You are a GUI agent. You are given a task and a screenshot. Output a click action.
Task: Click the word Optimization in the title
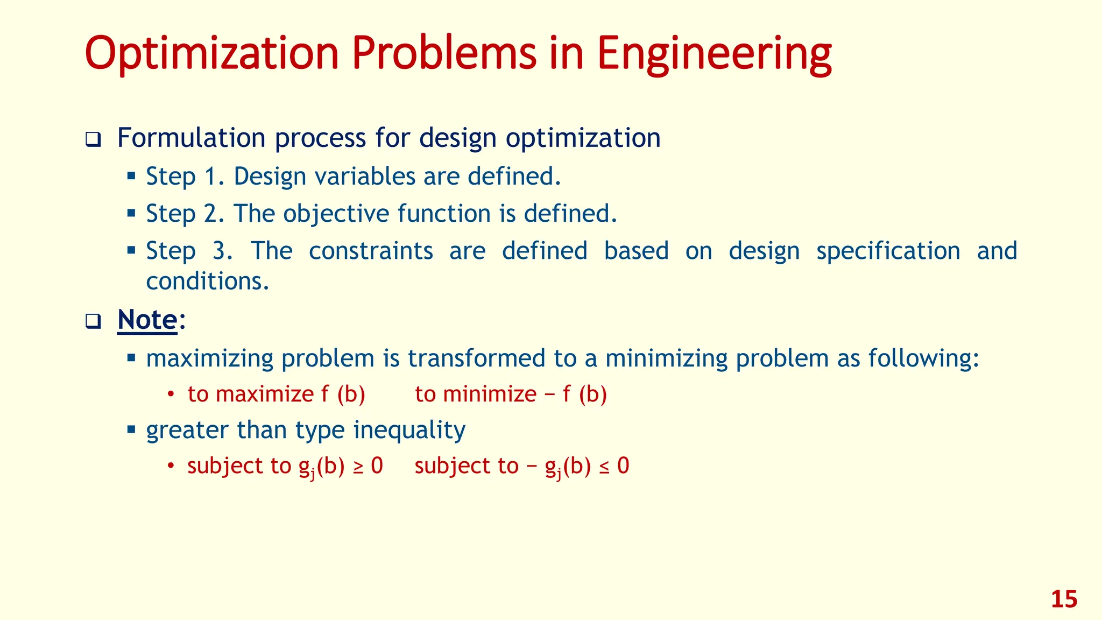coord(211,54)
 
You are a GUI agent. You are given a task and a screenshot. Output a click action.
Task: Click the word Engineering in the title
coord(714,54)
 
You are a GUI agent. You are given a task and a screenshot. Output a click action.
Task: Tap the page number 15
coord(1064,599)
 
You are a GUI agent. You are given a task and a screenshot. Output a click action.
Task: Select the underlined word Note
coord(147,320)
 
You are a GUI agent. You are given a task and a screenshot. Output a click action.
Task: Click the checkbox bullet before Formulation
coord(93,140)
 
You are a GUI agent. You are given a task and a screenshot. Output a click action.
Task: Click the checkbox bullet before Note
coord(93,322)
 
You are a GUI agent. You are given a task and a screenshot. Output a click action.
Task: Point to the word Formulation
coord(191,138)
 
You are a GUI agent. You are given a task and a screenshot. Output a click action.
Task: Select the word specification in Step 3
coord(888,251)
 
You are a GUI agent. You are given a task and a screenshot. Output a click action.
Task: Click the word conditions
coord(207,281)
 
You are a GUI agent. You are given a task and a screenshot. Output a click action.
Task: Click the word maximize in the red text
coord(264,394)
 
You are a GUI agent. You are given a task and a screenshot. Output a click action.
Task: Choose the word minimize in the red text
coord(490,394)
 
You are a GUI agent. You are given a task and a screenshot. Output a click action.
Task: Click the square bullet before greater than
coord(131,429)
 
